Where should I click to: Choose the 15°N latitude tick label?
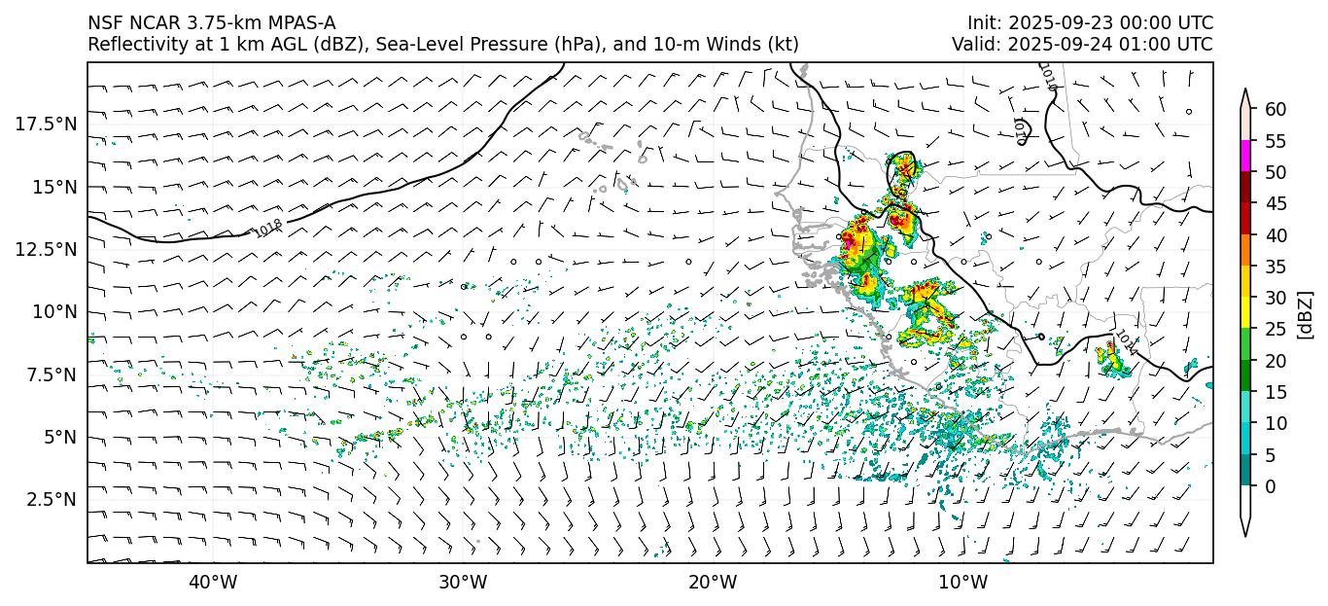pos(53,186)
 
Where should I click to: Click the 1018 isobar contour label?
pos(268,228)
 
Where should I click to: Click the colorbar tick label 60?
pos(1276,109)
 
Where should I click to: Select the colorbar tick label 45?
pos(1276,203)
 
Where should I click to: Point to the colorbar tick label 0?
pos(1271,486)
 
